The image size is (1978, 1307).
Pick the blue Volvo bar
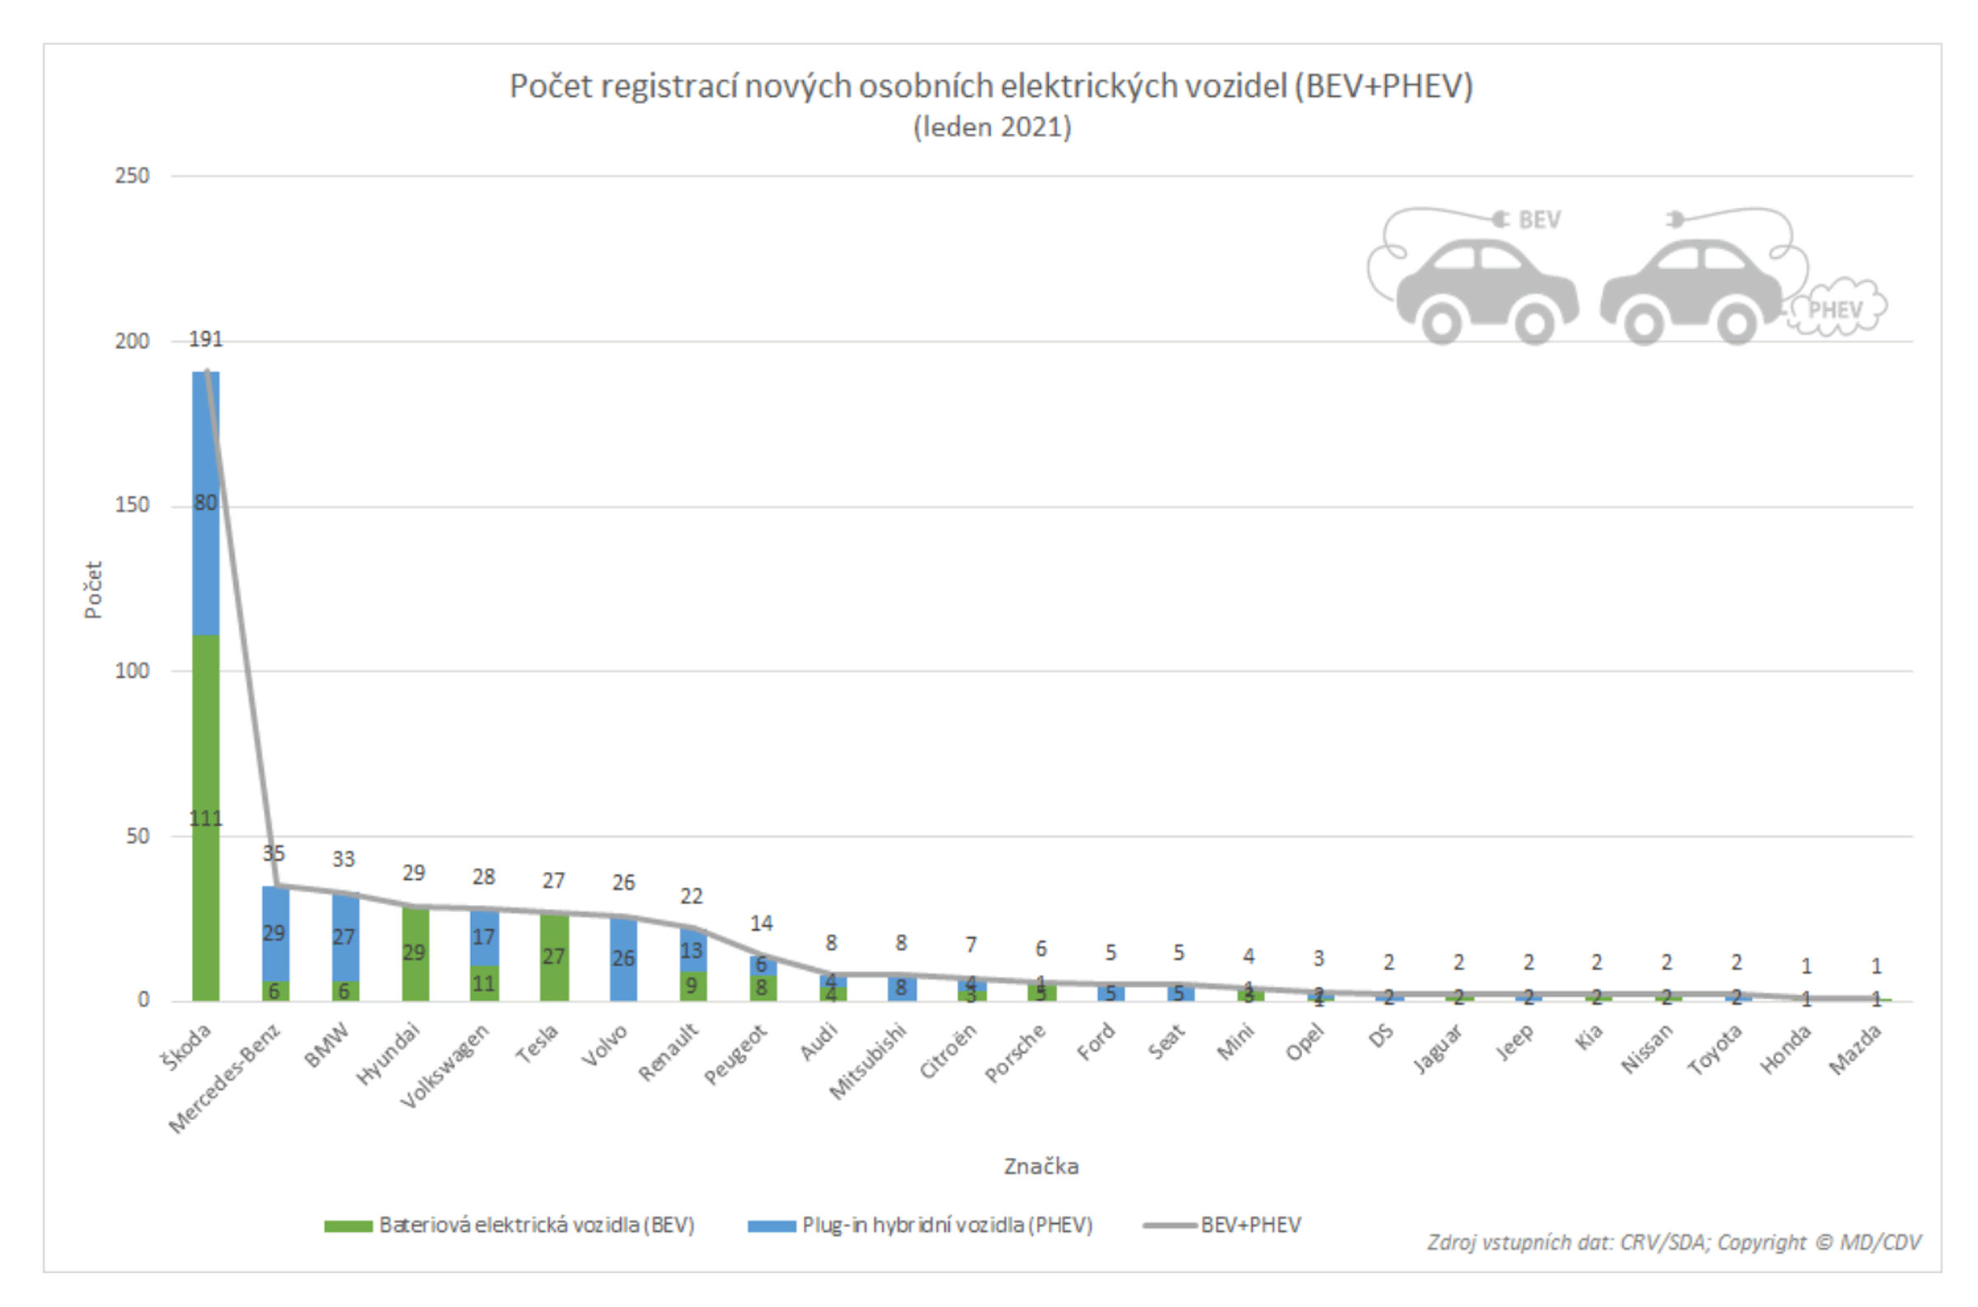point(623,959)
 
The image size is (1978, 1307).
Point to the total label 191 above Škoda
point(206,339)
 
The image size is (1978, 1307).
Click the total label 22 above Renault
point(691,896)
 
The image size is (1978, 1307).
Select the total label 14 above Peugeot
point(761,923)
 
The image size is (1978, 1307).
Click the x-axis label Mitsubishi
point(868,1062)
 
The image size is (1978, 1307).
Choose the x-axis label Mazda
point(1854,1050)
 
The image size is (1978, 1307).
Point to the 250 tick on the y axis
point(132,176)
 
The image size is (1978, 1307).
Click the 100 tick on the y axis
point(132,671)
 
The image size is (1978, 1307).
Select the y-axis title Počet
point(92,590)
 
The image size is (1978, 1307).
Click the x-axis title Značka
point(1041,1166)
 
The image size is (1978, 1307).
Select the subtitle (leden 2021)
point(991,128)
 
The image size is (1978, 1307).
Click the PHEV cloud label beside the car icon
point(1835,310)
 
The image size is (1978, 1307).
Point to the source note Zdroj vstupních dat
point(1673,1242)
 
